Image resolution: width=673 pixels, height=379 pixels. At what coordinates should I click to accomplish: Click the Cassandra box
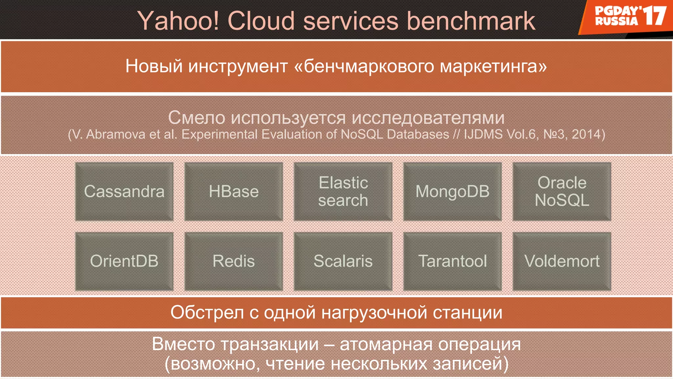[x=124, y=191]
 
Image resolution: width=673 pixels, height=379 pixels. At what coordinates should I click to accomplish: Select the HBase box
[x=234, y=191]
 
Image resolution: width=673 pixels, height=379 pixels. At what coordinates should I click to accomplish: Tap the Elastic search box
[x=343, y=191]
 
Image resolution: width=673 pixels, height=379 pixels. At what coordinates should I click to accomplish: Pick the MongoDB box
[x=453, y=191]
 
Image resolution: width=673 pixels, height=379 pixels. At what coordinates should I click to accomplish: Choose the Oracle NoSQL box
[x=562, y=191]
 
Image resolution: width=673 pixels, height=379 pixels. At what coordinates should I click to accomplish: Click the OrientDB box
[x=124, y=261]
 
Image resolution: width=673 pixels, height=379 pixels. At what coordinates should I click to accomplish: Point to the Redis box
[x=234, y=261]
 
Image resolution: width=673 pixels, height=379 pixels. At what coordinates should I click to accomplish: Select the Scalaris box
[x=343, y=261]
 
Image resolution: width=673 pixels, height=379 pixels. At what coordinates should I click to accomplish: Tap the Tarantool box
[x=453, y=261]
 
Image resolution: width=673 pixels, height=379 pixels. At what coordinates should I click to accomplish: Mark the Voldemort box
[x=562, y=261]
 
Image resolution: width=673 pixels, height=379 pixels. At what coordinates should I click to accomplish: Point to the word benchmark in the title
[x=471, y=21]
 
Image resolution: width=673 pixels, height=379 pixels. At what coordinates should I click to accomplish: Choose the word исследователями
[x=428, y=118]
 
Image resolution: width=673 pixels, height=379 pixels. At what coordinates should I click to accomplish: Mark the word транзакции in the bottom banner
[x=269, y=344]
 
